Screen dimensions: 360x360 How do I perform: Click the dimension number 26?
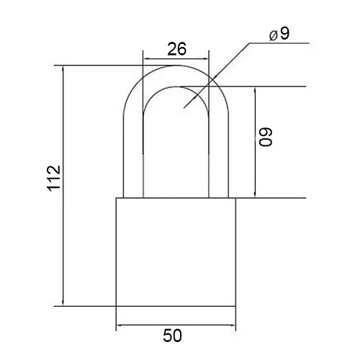pos(176,49)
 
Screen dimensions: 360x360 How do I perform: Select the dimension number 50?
pos(172,336)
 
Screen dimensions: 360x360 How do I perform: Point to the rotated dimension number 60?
pos(266,137)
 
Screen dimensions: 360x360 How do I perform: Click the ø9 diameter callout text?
pos(279,34)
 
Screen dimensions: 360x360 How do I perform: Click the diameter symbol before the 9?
pos(274,36)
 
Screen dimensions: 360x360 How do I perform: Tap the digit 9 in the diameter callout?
pos(285,34)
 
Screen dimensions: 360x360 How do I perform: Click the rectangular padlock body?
pos(176,252)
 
